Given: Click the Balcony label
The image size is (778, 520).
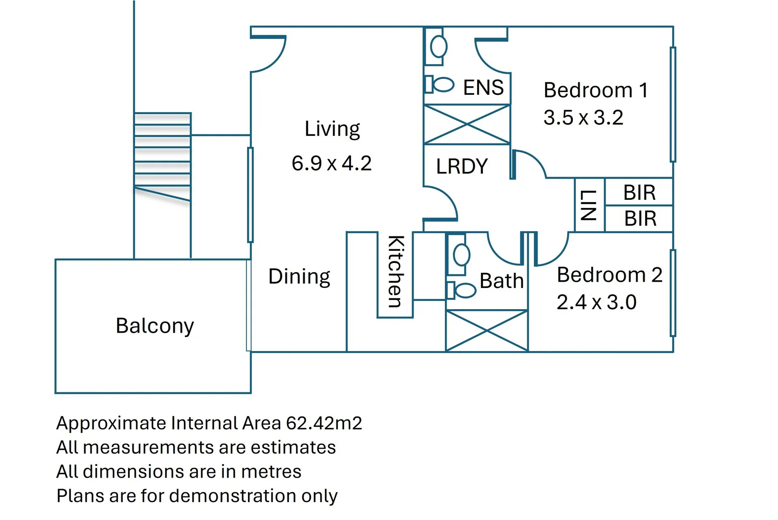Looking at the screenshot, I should coord(155,326).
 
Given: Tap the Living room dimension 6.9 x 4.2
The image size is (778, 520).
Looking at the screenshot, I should coord(331,163).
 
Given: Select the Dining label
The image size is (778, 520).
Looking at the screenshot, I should coord(299,277).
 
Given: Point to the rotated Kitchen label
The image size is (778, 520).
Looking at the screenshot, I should coord(395,271).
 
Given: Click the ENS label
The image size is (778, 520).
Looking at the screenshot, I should coord(483,88).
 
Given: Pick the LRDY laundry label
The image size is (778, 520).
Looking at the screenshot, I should coord(462,167).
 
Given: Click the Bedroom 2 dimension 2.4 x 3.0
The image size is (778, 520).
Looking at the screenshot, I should coord(596,302).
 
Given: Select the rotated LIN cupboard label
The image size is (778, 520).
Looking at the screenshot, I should coord(588,205).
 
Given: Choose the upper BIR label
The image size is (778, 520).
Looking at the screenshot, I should coord(639,193).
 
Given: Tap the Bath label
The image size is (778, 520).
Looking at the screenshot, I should coord(501,281).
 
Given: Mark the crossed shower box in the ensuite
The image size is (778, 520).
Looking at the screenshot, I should coord(467,125).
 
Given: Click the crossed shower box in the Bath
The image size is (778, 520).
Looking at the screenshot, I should coord(487,331).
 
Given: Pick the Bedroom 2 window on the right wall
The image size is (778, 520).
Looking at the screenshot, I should coord(673,293).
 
